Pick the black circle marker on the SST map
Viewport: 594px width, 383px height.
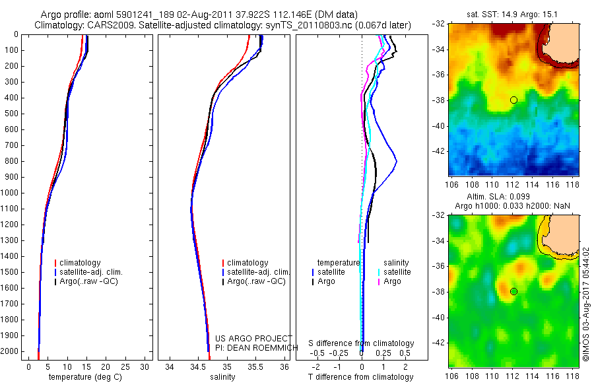coord(513,100)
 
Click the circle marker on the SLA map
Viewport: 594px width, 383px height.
coord(513,291)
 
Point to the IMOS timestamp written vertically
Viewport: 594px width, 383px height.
coord(585,304)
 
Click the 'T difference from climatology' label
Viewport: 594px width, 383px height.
coord(361,377)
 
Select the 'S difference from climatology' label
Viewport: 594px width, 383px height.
coord(361,343)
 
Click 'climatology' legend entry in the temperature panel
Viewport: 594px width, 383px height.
coord(82,263)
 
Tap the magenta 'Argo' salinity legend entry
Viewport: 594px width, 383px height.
coord(392,281)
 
